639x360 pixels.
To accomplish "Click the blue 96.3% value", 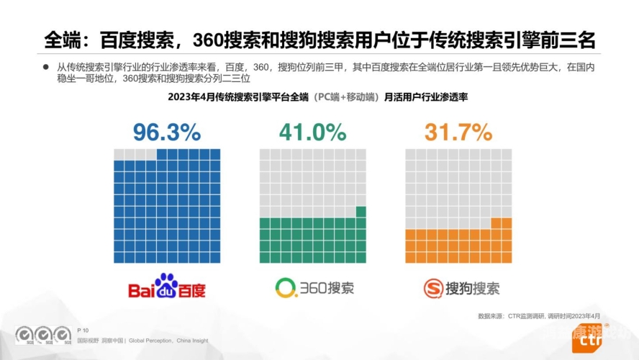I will point(166,132).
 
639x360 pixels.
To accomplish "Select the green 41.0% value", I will point(313,132).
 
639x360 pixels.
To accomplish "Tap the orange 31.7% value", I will point(458,132).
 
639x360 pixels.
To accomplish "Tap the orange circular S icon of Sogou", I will point(432,289).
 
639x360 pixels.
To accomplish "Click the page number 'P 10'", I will point(83,329).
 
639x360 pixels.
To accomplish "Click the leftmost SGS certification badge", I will point(25,336).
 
